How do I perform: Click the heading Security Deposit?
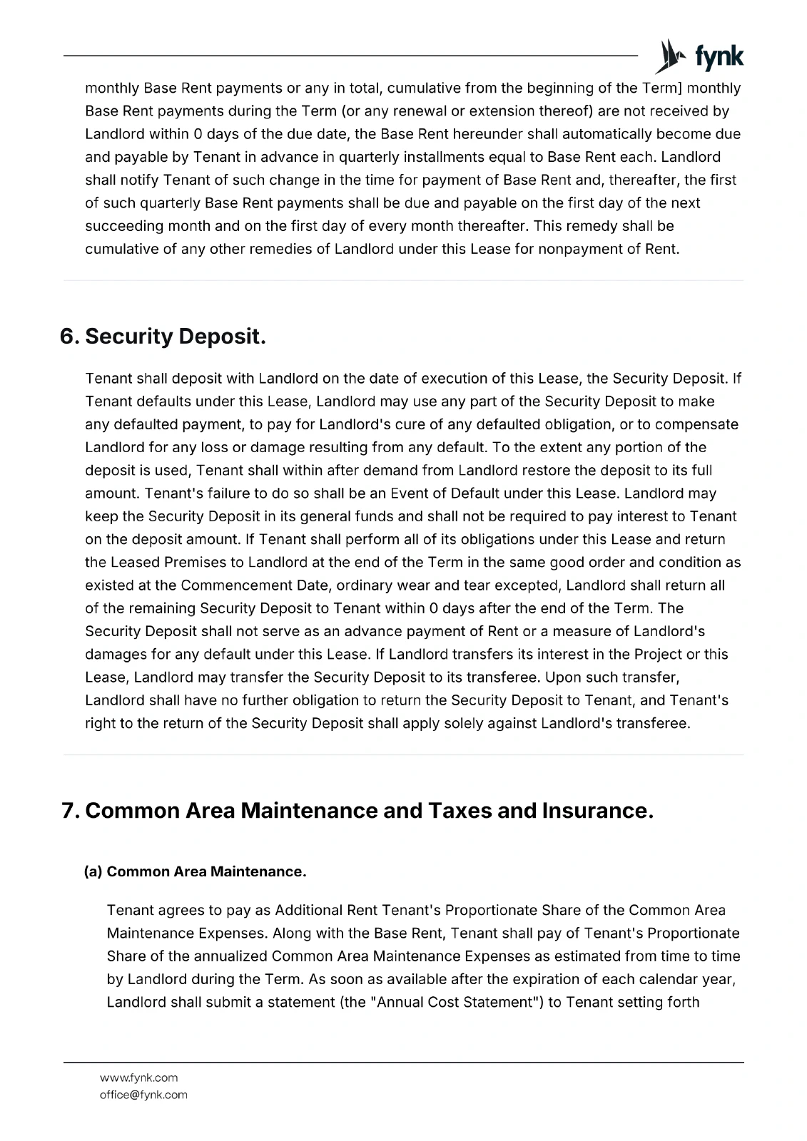pyautogui.click(x=176, y=337)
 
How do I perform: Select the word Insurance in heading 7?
pyautogui.click(x=597, y=811)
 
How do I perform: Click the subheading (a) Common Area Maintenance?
pyautogui.click(x=196, y=871)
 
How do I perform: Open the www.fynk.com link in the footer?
pyautogui.click(x=139, y=1078)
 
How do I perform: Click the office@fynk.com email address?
pyautogui.click(x=143, y=1095)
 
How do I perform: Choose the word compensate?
pyautogui.click(x=696, y=424)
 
